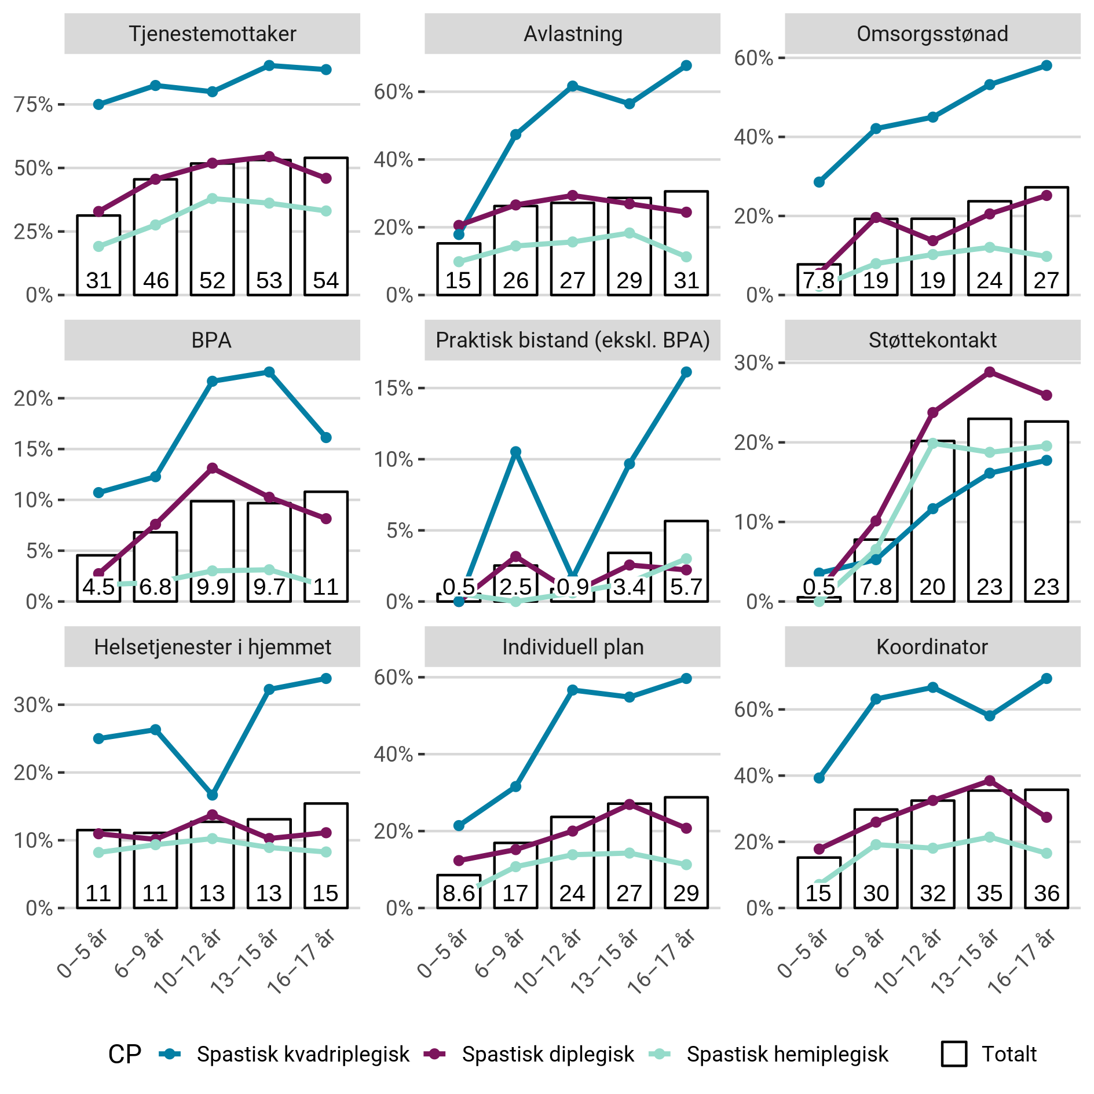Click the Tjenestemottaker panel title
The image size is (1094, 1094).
click(x=212, y=34)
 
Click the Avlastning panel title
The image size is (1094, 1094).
click(x=572, y=34)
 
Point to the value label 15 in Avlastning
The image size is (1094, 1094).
click(x=458, y=281)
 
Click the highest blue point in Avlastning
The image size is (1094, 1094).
click(x=686, y=65)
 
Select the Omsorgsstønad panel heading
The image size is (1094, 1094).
click(x=932, y=34)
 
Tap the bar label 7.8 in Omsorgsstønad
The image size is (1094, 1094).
click(x=818, y=281)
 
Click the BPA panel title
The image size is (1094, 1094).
click(x=212, y=340)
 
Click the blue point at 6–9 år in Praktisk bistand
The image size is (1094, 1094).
click(x=515, y=451)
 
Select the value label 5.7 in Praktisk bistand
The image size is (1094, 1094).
click(x=686, y=587)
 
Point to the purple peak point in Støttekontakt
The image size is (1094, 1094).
click(x=990, y=372)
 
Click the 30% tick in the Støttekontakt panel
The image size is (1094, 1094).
click(x=753, y=363)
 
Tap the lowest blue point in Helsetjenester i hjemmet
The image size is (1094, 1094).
click(x=213, y=795)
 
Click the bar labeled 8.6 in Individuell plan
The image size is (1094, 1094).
click(x=459, y=891)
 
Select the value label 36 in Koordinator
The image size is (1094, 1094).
click(x=1047, y=894)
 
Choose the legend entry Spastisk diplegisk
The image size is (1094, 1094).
click(x=547, y=1054)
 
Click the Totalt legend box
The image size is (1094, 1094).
click(x=954, y=1054)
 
